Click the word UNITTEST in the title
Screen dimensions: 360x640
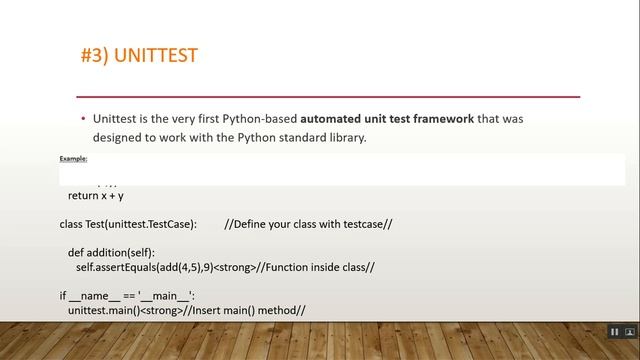[x=156, y=55]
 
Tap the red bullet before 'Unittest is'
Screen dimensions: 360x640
[x=83, y=119]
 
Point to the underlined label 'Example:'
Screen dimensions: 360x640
[x=73, y=159]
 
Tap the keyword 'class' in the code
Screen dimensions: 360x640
[x=72, y=224]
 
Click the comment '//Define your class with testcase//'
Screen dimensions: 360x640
[x=308, y=224]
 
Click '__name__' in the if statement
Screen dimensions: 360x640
[x=94, y=296]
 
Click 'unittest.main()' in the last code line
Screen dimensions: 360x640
[x=103, y=311]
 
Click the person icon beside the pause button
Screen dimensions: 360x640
[x=631, y=331]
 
